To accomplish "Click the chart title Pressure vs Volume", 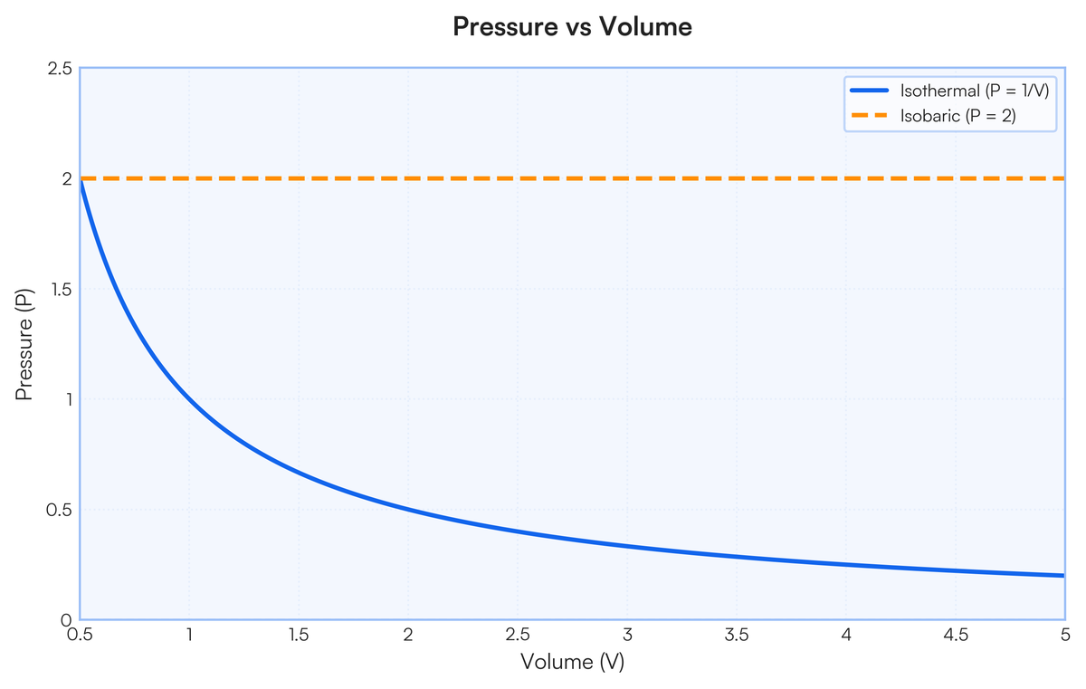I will (x=572, y=27).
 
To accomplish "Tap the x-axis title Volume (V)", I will (x=572, y=662).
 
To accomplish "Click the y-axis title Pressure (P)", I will (x=25, y=344).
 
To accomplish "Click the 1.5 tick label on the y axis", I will (x=61, y=290).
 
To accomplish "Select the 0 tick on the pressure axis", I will (x=67, y=620).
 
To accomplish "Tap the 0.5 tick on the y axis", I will (x=61, y=510).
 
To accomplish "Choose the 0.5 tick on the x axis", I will (x=81, y=635).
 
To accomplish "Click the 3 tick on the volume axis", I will (x=627, y=635).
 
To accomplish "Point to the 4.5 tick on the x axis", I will (x=955, y=635).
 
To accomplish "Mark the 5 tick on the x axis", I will (x=1064, y=635).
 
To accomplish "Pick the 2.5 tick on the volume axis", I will (x=518, y=635).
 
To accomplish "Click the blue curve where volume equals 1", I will (x=190, y=399).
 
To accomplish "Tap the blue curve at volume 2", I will (x=408, y=510).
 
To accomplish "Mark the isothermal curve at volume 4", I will (x=846, y=565).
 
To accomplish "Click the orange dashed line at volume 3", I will (x=627, y=179).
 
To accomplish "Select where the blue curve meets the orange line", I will (x=81, y=180).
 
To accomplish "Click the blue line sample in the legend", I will (x=871, y=91).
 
